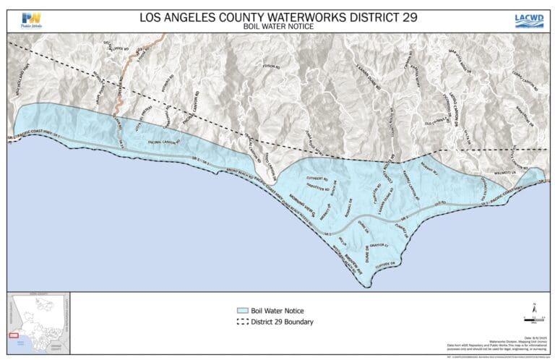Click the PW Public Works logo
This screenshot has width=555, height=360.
coord(31,20)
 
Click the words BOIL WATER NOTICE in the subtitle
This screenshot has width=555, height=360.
coord(277,27)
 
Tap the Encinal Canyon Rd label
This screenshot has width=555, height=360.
coord(165,142)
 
